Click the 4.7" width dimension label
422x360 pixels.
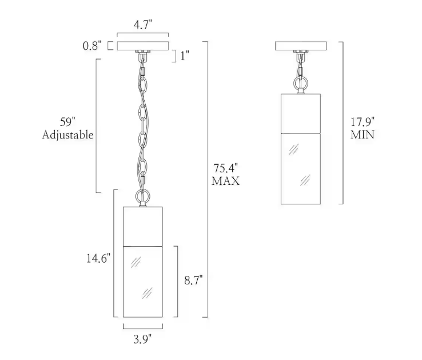(x=143, y=25)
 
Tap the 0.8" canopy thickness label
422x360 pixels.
(x=92, y=46)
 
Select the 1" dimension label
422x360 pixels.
(x=185, y=56)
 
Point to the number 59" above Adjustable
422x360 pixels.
(x=67, y=122)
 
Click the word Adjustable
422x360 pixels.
(x=67, y=134)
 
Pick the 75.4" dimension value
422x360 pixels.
(x=225, y=168)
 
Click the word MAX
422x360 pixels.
(x=225, y=181)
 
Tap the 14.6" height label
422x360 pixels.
(x=98, y=259)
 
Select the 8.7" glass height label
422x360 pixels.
(x=193, y=280)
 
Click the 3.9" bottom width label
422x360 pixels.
(x=142, y=339)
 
